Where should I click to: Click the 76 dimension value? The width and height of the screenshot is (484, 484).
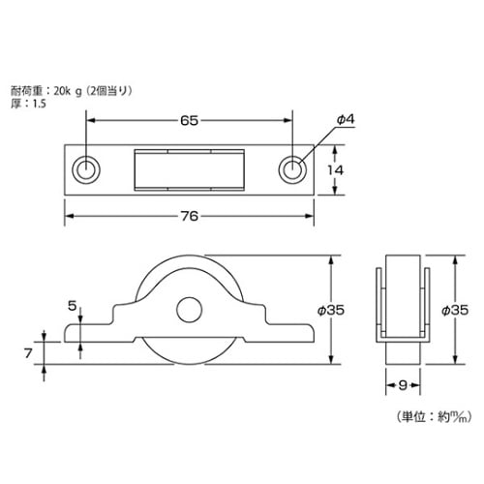(x=190, y=216)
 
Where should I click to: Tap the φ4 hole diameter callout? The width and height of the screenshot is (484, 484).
(x=347, y=118)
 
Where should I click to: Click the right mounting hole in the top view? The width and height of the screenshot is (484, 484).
(x=292, y=169)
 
